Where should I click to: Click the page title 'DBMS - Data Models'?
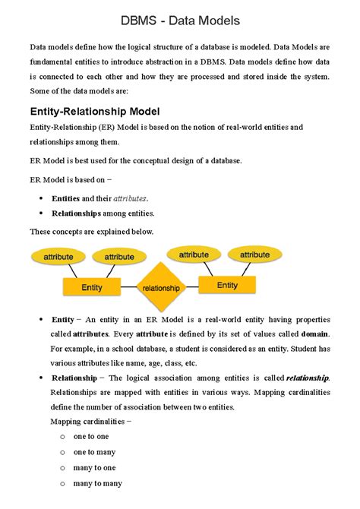(x=179, y=19)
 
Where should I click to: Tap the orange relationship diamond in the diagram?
(x=161, y=288)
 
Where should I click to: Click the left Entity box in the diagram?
(x=92, y=288)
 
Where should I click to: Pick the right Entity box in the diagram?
(x=227, y=286)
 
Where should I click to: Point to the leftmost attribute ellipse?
(x=58, y=258)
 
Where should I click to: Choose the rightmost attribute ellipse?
(x=255, y=255)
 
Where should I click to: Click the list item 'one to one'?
(x=91, y=436)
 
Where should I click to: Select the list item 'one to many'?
(x=93, y=452)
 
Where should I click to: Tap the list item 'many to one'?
(x=94, y=467)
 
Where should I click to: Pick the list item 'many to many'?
(x=97, y=483)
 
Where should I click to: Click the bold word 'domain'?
(x=315, y=334)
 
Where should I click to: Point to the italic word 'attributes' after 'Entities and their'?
(x=130, y=198)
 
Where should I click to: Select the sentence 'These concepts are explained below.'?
(x=91, y=231)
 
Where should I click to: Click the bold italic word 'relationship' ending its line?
(x=308, y=378)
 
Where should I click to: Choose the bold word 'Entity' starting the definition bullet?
(x=62, y=320)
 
